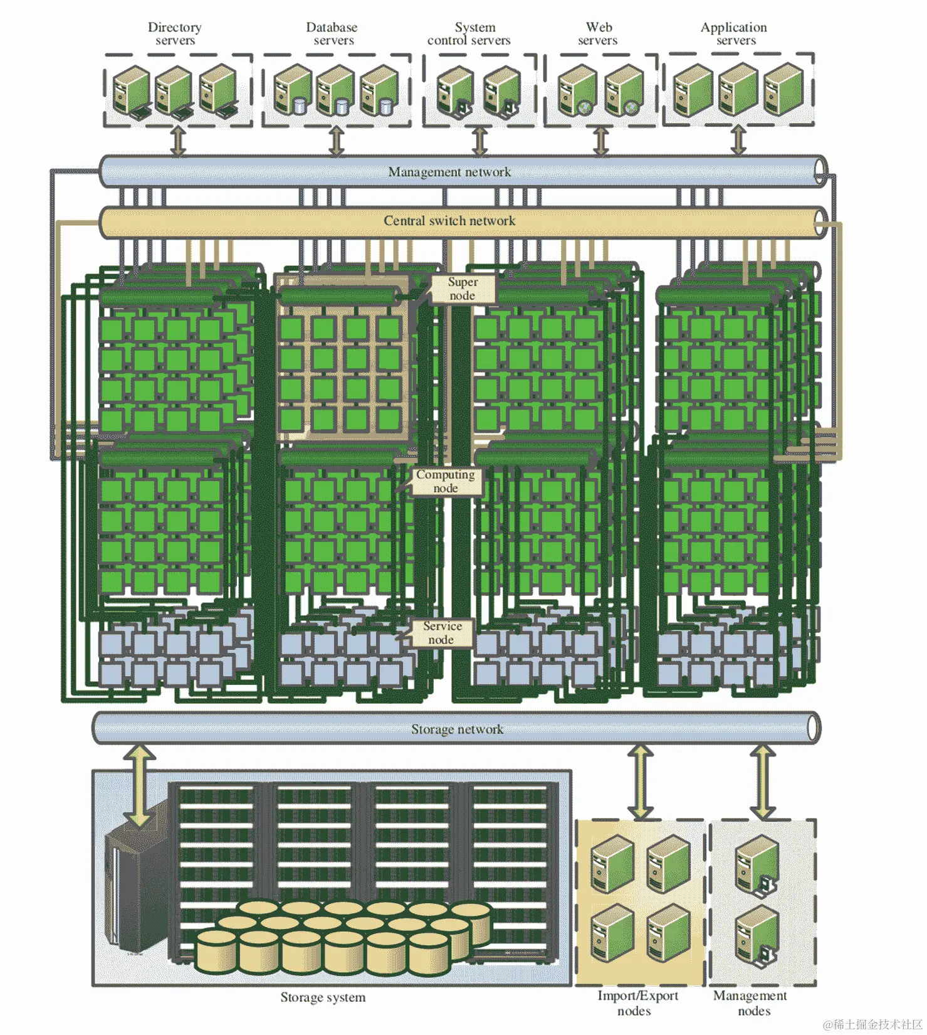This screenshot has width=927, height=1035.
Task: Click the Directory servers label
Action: point(175,34)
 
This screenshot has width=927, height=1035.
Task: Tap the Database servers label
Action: point(332,34)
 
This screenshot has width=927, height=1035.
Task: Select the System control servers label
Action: point(469,34)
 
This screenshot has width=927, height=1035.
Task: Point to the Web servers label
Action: point(599,34)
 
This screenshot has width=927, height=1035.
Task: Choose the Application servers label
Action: point(735,34)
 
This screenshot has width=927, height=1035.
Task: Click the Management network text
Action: point(449,172)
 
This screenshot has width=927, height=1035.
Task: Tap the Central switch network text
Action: point(449,221)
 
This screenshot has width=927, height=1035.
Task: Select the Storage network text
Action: point(457,729)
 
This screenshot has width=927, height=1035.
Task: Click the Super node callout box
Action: point(463,289)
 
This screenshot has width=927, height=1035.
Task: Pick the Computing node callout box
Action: point(446,481)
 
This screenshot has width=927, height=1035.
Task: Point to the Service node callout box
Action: point(442,632)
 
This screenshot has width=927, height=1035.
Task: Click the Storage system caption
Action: point(323,997)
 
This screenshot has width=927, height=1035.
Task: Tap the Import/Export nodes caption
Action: point(637,1003)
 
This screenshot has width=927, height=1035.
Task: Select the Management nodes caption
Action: point(751,1003)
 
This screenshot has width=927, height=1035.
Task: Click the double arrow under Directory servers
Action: point(179,141)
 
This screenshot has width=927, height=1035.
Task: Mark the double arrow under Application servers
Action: point(739,140)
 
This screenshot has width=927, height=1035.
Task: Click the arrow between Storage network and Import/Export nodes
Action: point(640,782)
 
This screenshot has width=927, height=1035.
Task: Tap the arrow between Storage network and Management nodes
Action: point(762,782)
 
